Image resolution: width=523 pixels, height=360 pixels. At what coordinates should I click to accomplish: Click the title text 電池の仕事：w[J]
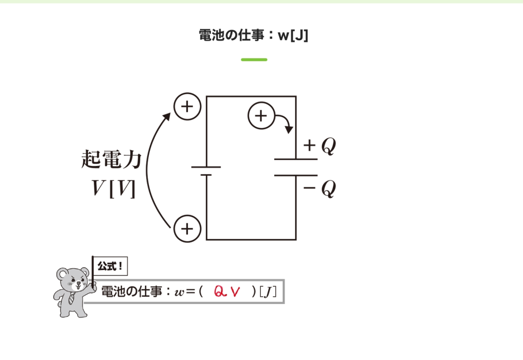(253, 35)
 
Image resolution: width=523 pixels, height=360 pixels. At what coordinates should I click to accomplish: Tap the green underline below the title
(254, 60)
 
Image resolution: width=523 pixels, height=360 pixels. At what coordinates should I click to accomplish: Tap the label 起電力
(112, 159)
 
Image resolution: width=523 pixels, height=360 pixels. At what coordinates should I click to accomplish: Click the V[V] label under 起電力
(114, 189)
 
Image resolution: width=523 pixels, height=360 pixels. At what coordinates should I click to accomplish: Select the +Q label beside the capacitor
(319, 145)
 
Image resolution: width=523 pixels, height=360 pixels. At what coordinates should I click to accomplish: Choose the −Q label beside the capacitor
(319, 188)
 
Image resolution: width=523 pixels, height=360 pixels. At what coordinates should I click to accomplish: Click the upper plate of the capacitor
(296, 160)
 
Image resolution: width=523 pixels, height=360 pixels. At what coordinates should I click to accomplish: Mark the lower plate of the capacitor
(296, 175)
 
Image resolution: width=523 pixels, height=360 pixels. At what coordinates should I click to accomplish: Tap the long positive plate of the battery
(206, 167)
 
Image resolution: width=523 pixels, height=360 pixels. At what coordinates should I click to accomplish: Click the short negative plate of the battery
(206, 175)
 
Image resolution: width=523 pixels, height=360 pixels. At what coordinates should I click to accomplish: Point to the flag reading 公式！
(110, 266)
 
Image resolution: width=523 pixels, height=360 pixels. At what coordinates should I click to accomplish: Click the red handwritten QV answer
(227, 291)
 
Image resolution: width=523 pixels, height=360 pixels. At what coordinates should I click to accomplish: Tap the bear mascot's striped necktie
(71, 298)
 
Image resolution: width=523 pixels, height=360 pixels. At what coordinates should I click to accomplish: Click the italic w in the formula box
(180, 292)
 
